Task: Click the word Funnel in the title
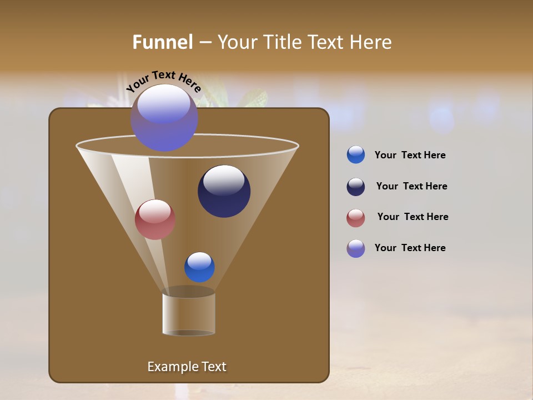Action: point(163,42)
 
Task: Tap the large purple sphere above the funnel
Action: point(164,118)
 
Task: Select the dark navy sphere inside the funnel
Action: point(224,191)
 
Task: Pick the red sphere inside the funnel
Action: point(155,219)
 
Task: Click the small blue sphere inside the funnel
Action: point(199,267)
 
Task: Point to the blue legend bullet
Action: point(356,155)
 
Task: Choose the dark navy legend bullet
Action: point(356,187)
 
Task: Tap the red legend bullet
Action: point(356,218)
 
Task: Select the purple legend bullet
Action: point(356,248)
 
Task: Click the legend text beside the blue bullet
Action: point(410,156)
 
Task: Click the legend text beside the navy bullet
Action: point(411,187)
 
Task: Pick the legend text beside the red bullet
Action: point(413,217)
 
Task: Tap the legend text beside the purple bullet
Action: point(410,248)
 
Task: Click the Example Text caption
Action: point(187,367)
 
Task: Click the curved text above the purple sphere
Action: point(163,81)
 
